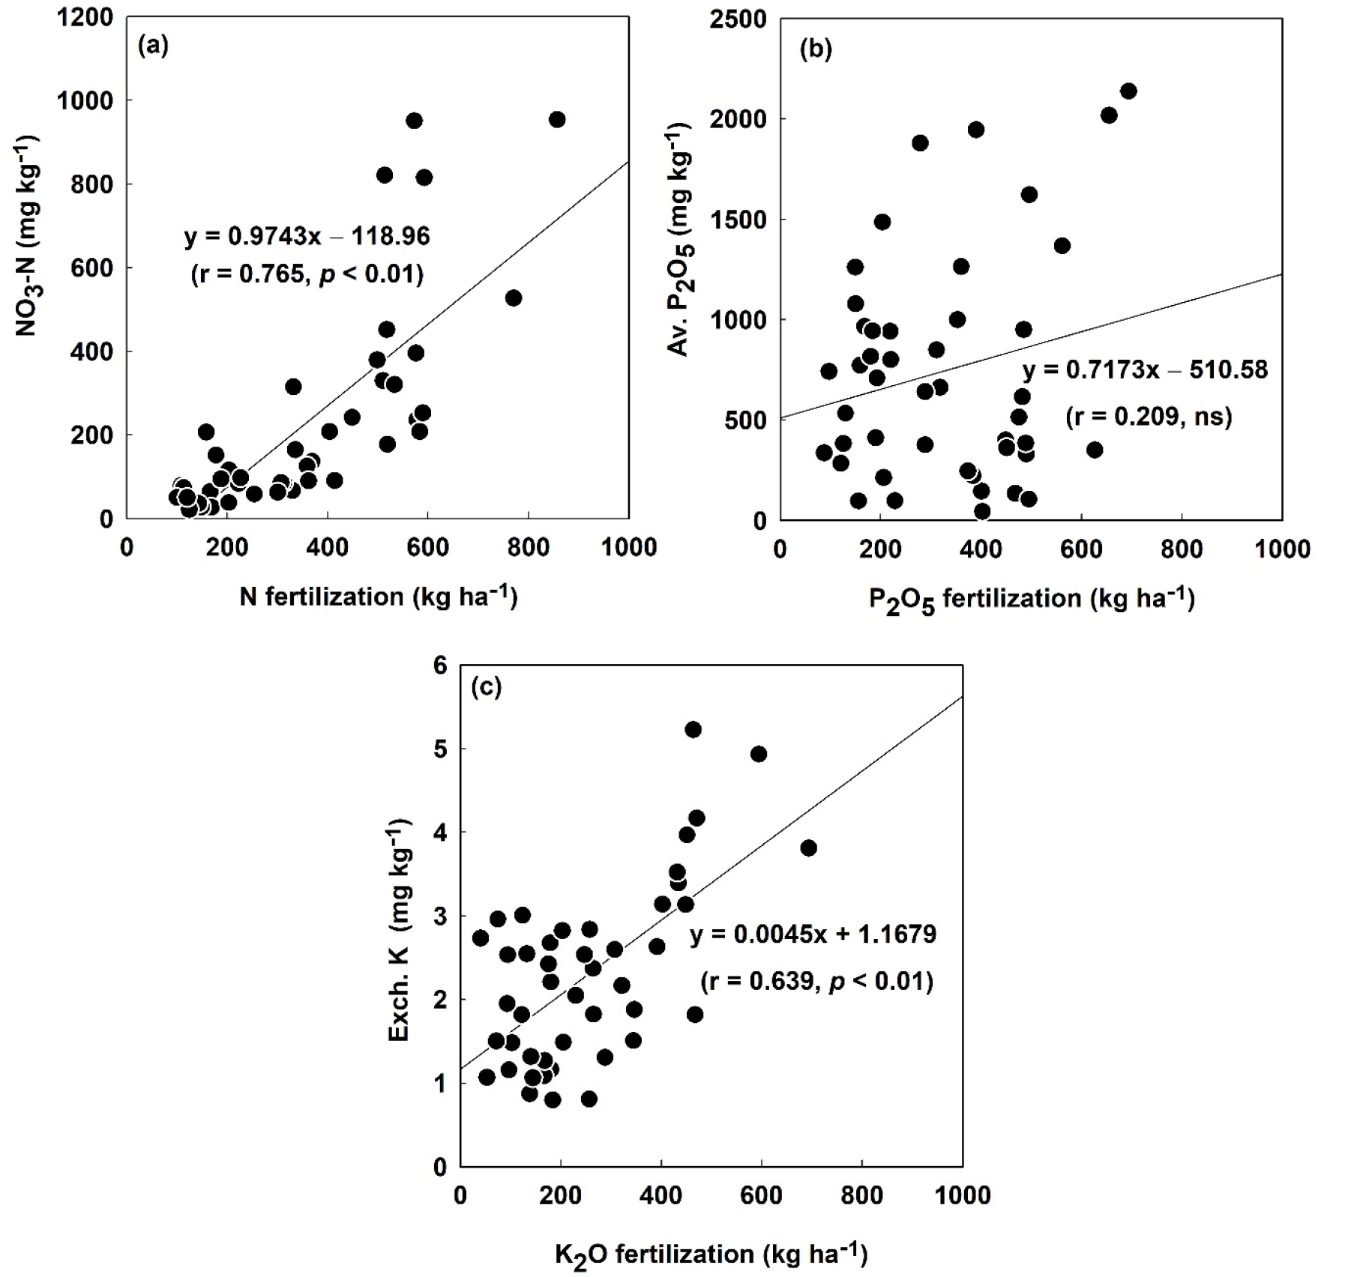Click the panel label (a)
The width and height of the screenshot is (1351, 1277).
click(x=153, y=46)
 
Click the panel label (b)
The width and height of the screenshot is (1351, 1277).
click(x=816, y=49)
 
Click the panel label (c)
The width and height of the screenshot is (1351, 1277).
click(x=486, y=686)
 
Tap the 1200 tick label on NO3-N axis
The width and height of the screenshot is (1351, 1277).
click(x=84, y=17)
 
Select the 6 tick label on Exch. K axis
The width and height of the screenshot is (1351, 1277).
click(x=440, y=665)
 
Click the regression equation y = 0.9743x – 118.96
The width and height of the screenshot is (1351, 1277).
click(x=307, y=237)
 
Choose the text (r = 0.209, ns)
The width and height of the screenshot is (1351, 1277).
click(x=1149, y=416)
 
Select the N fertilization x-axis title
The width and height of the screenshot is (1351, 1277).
click(x=379, y=597)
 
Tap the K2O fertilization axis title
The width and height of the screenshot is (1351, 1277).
click(x=711, y=1254)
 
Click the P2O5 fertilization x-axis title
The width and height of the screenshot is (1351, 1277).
click(x=1032, y=600)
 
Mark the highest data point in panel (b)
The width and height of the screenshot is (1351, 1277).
click(x=1128, y=91)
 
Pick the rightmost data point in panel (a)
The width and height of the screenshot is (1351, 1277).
click(x=557, y=120)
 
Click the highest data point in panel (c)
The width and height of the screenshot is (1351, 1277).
click(x=693, y=730)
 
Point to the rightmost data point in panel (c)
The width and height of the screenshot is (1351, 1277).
click(x=808, y=848)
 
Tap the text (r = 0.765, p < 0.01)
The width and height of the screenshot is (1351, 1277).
click(x=307, y=274)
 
